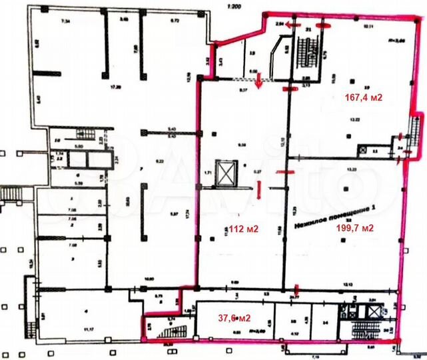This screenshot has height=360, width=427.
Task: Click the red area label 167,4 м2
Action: click(x=363, y=97)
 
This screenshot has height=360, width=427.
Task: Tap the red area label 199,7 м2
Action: click(x=354, y=227)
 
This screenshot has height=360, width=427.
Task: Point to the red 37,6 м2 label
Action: click(x=236, y=317)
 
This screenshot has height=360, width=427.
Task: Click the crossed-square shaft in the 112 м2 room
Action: click(x=228, y=174)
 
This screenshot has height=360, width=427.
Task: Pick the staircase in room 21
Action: click(x=308, y=50)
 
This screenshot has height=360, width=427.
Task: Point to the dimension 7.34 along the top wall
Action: click(x=65, y=23)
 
